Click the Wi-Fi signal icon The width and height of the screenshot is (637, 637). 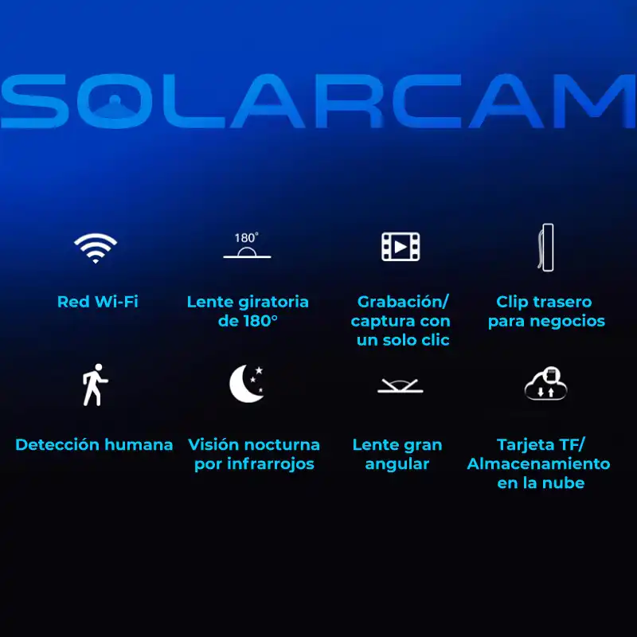pyautogui.click(x=96, y=248)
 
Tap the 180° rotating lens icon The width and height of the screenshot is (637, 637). pyautogui.click(x=247, y=247)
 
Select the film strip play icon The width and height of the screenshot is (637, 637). pyautogui.click(x=401, y=248)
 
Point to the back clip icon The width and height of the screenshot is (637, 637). pyautogui.click(x=545, y=248)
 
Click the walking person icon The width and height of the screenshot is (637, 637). pyautogui.click(x=94, y=385)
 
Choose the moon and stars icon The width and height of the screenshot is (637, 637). pyautogui.click(x=247, y=384)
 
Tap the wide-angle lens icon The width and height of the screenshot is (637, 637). pyautogui.click(x=401, y=387)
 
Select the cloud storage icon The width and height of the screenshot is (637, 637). pyautogui.click(x=545, y=384)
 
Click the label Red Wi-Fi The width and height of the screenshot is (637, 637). pyautogui.click(x=97, y=302)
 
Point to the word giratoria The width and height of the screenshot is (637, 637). pyautogui.click(x=273, y=302)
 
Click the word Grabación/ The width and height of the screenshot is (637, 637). pyautogui.click(x=403, y=302)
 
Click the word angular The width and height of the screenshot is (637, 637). pyautogui.click(x=397, y=463)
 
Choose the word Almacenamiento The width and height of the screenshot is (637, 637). pyautogui.click(x=538, y=463)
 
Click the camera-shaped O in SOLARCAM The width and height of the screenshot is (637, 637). pyautogui.click(x=116, y=102)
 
